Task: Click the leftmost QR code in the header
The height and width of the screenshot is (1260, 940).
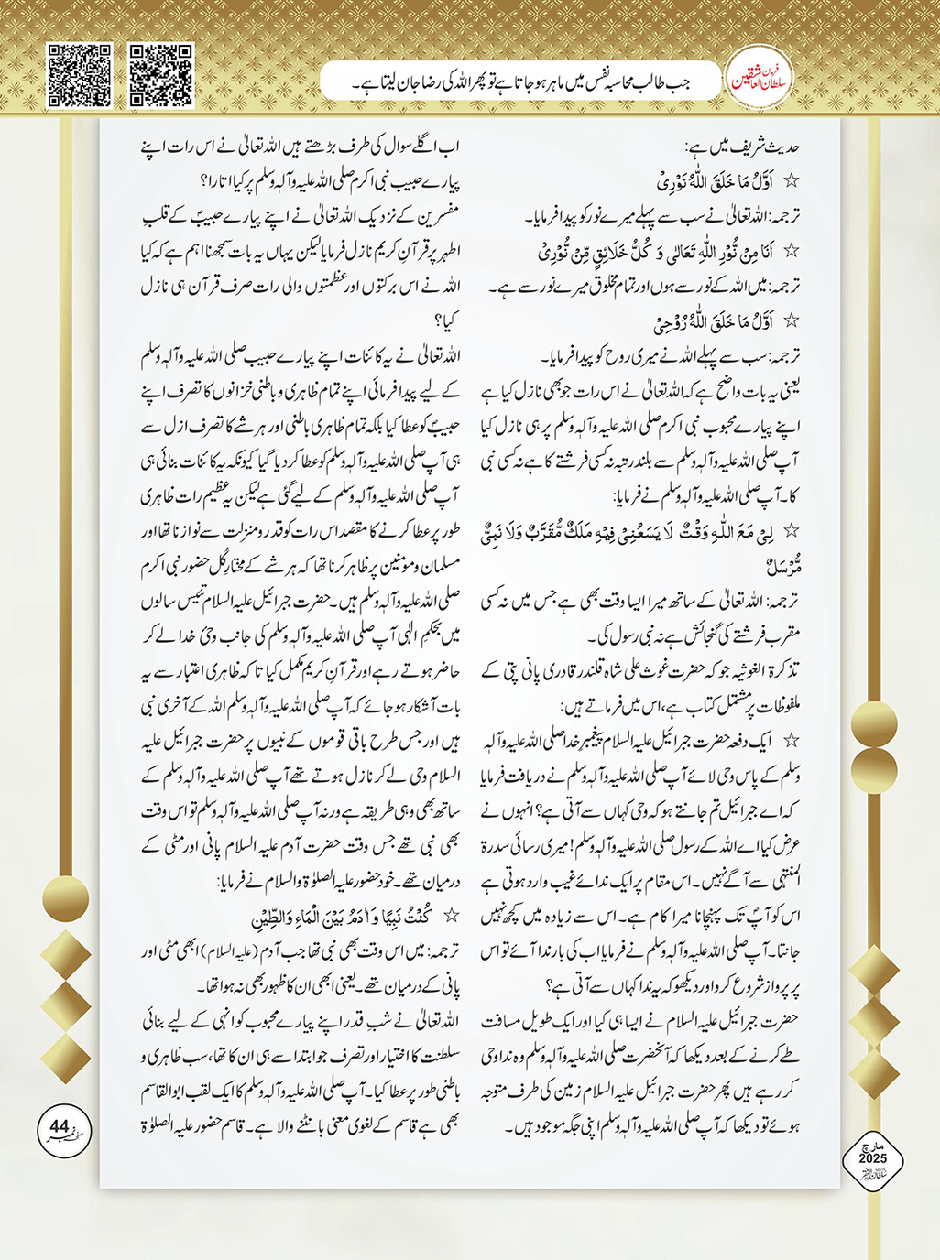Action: pos(80,75)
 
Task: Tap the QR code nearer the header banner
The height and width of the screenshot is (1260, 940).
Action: pos(160,75)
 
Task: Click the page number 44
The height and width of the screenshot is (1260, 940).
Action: pos(60,1125)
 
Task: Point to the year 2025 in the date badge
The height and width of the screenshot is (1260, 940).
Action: pos(872,1159)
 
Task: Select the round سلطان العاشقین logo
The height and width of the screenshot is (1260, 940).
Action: pos(758,81)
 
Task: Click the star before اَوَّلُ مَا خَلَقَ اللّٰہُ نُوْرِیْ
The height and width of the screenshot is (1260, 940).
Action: pos(792,181)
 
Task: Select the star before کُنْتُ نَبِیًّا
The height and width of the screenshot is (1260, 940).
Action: pos(450,917)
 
